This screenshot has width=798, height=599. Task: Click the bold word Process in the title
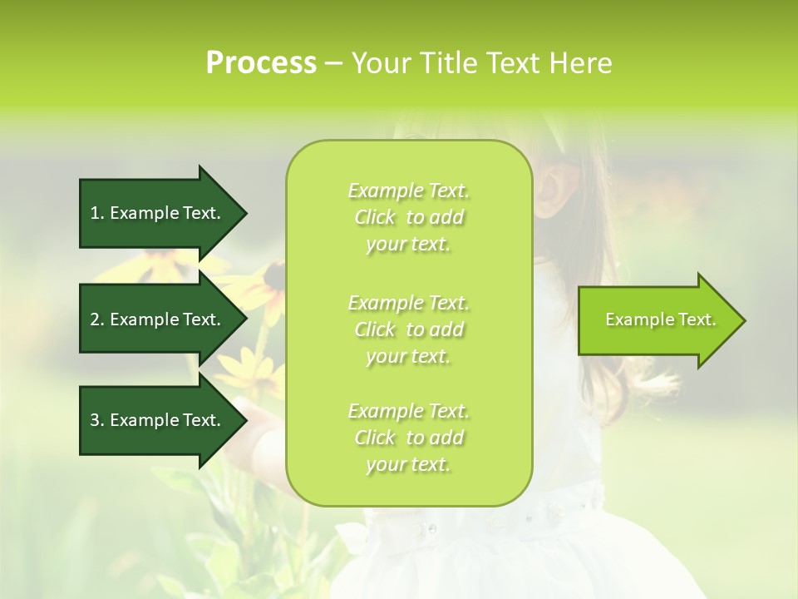point(261,63)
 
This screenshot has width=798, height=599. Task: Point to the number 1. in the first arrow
point(97,213)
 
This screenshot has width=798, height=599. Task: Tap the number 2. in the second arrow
point(97,319)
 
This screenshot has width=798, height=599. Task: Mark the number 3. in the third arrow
point(97,420)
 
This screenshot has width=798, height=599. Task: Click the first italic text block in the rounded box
point(408,217)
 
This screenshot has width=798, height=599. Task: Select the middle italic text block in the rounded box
point(408,329)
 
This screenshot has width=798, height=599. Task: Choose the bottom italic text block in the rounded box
point(408,438)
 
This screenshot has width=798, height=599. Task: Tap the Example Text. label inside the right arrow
point(660,319)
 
